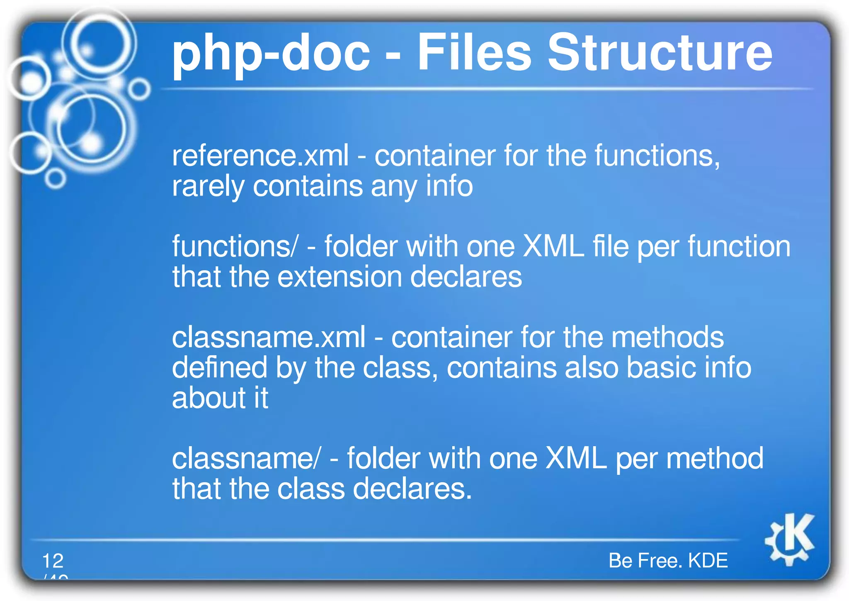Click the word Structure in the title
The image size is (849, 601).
pyautogui.click(x=660, y=53)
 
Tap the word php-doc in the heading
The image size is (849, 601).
pyautogui.click(x=271, y=54)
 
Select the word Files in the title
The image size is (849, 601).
pyautogui.click(x=474, y=53)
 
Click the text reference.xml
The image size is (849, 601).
pyautogui.click(x=260, y=156)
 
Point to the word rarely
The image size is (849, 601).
pyautogui.click(x=208, y=187)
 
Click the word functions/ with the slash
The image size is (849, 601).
pyautogui.click(x=235, y=247)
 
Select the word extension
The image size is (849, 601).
pyautogui.click(x=340, y=277)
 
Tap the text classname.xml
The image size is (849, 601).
pyautogui.click(x=269, y=337)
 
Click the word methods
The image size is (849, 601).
pyautogui.click(x=667, y=337)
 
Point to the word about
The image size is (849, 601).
pyautogui.click(x=209, y=398)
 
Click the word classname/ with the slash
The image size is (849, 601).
pyautogui.click(x=246, y=459)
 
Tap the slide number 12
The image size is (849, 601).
pyautogui.click(x=53, y=561)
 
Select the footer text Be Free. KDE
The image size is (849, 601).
pyautogui.click(x=668, y=561)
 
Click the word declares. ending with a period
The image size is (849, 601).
pyautogui.click(x=412, y=489)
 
